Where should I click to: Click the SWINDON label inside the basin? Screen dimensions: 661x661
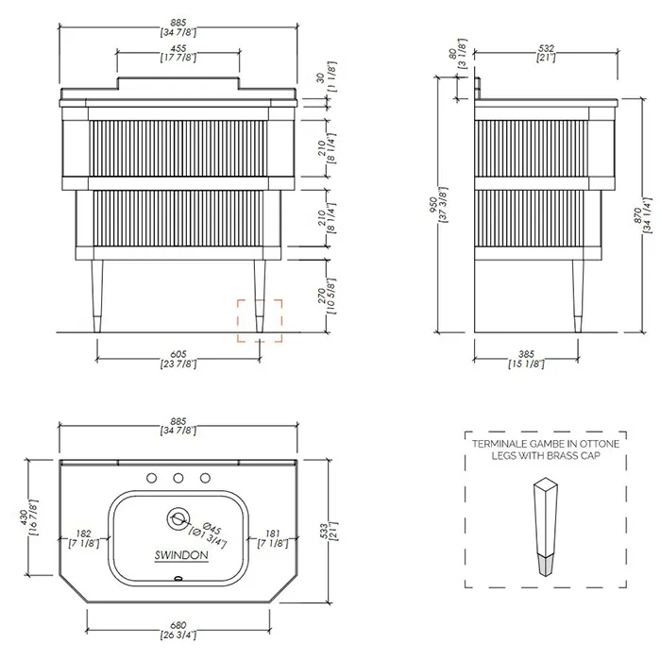[181, 555]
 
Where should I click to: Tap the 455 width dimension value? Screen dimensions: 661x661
[178, 48]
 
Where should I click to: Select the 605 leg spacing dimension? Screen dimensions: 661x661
[178, 354]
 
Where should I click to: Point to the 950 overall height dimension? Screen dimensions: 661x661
[432, 205]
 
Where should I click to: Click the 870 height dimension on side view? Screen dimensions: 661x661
[637, 215]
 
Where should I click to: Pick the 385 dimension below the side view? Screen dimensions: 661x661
[526, 354]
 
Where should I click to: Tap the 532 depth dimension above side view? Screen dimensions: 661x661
[546, 48]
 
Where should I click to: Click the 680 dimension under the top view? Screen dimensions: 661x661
[178, 625]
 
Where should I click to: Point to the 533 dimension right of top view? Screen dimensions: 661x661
[324, 531]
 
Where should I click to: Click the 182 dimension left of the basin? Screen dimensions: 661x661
[83, 534]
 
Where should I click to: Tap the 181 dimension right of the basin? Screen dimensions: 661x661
[273, 534]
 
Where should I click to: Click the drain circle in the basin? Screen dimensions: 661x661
[178, 518]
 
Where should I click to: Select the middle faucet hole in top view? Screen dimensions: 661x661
[178, 478]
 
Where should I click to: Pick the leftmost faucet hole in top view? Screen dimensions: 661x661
[152, 478]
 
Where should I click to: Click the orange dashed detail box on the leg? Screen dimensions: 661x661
[238, 320]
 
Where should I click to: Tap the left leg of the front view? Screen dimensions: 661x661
[97, 296]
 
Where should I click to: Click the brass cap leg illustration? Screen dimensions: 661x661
[546, 527]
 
